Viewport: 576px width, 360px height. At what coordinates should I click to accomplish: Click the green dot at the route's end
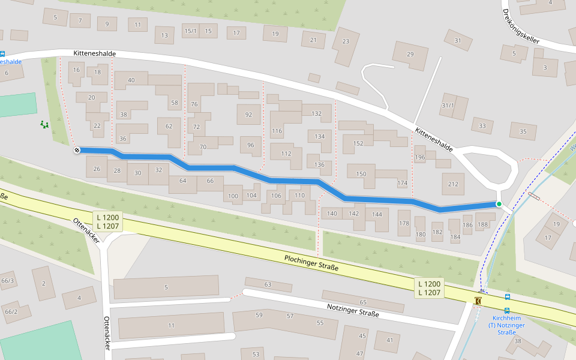pos(499,204)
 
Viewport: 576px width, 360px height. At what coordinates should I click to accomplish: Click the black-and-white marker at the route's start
pos(77,150)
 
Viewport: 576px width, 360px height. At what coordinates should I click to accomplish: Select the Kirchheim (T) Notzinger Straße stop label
pos(508,325)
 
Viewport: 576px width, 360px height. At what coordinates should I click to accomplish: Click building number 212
pos(453,184)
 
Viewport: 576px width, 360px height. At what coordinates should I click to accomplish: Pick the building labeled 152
pos(358,143)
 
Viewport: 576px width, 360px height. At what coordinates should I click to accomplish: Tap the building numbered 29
pos(410,54)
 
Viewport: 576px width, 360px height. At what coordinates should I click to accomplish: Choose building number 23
pos(346,41)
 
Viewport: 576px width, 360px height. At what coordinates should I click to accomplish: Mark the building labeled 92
pos(248,114)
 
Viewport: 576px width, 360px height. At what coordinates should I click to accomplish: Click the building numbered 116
pos(277,130)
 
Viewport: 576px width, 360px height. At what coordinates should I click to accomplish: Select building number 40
pos(131,80)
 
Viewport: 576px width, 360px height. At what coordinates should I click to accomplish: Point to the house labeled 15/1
pos(190,31)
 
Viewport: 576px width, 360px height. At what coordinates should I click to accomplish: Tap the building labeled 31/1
pos(448,106)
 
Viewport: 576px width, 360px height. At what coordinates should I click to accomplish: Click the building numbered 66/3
pos(8,280)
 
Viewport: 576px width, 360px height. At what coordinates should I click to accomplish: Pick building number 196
pos(420,158)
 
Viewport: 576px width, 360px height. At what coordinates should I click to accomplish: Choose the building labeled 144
pos(376,214)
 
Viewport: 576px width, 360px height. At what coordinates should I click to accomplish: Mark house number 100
pos(233,196)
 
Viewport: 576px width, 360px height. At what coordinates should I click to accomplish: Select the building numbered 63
pos(268,284)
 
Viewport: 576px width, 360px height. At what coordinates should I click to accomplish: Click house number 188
pos(482,225)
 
